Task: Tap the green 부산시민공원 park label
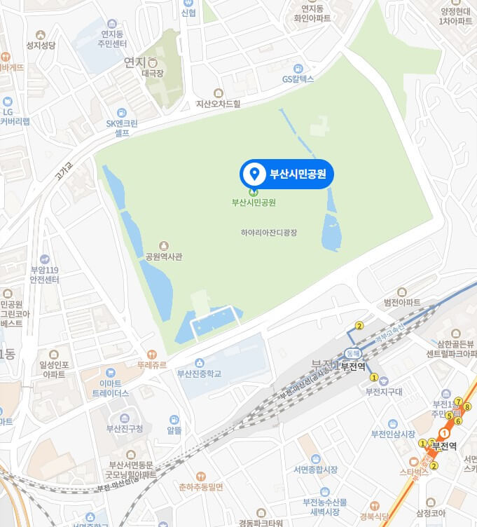pyautogui.click(x=254, y=203)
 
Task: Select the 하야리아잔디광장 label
pyautogui.click(x=269, y=232)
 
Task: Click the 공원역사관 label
pyautogui.click(x=163, y=256)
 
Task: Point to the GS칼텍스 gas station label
pyautogui.click(x=298, y=79)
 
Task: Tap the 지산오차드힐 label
pyautogui.click(x=218, y=103)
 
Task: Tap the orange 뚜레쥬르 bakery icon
pyautogui.click(x=152, y=355)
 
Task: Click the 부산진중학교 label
pyautogui.click(x=199, y=374)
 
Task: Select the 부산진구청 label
pyautogui.click(x=124, y=428)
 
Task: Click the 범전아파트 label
pyautogui.click(x=402, y=302)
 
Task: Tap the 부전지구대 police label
pyautogui.click(x=385, y=392)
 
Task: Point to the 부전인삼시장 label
pyautogui.click(x=394, y=432)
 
